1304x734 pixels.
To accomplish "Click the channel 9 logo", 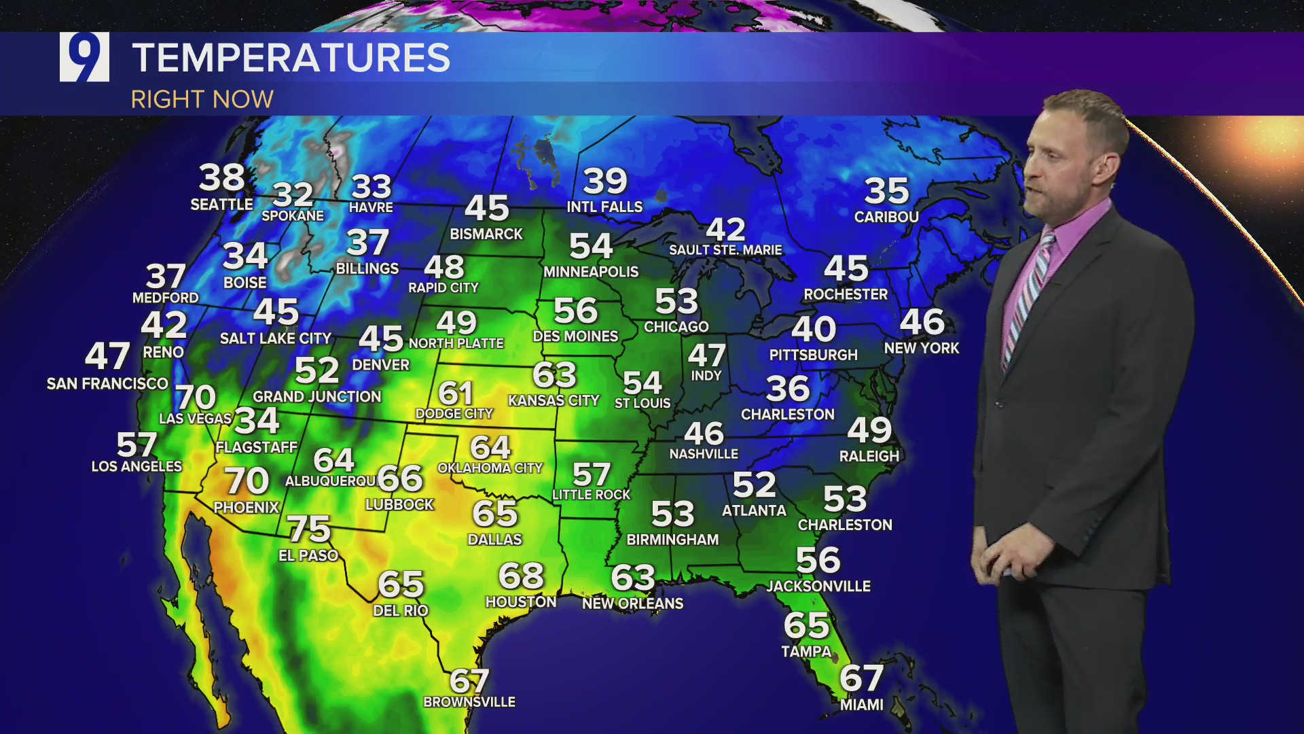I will pyautogui.click(x=84, y=57).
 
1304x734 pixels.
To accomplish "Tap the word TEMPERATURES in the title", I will pyautogui.click(x=291, y=58).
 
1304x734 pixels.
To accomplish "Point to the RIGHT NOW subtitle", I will pyautogui.click(x=202, y=99).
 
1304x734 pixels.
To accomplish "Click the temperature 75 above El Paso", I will pyautogui.click(x=308, y=529).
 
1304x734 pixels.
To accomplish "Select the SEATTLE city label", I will pyautogui.click(x=221, y=205).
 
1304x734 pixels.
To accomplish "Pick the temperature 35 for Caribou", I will pyautogui.click(x=886, y=191).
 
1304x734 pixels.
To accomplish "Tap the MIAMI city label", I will pyautogui.click(x=862, y=705).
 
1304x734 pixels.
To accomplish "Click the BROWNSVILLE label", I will pyautogui.click(x=469, y=702).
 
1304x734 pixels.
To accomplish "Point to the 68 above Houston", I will pyautogui.click(x=522, y=576).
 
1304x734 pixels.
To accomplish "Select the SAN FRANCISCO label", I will pyautogui.click(x=107, y=384).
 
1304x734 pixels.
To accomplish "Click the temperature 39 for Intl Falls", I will pyautogui.click(x=605, y=181).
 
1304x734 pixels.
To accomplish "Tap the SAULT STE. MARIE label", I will pyautogui.click(x=725, y=250).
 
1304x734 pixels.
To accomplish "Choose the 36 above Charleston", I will pyautogui.click(x=788, y=389).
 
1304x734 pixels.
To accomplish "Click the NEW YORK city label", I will pyautogui.click(x=922, y=348).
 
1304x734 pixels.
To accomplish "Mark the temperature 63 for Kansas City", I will pyautogui.click(x=554, y=374).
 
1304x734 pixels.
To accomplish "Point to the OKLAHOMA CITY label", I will pyautogui.click(x=490, y=468).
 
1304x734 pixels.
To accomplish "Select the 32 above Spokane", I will pyautogui.click(x=293, y=195).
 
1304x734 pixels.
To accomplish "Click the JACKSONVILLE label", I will pyautogui.click(x=818, y=587).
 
